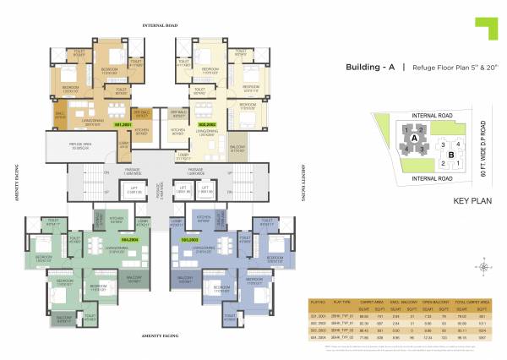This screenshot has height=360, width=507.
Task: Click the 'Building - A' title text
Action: pos(370,68)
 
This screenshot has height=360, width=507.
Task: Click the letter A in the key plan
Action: pos(414,135)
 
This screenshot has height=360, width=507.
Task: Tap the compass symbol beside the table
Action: pos(482,267)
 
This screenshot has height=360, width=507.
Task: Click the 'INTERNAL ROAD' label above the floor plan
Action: pos(165,26)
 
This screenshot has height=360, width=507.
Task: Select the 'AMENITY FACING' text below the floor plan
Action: pos(166,335)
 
